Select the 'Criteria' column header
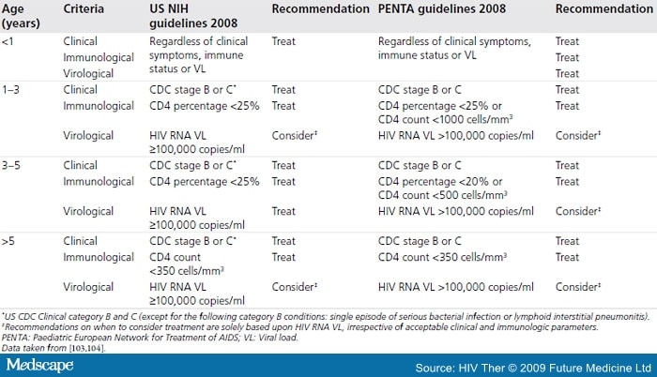pos(86,8)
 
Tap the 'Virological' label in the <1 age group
pos(89,72)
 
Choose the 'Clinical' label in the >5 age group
pos(82,241)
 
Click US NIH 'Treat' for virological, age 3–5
pos(283,212)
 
